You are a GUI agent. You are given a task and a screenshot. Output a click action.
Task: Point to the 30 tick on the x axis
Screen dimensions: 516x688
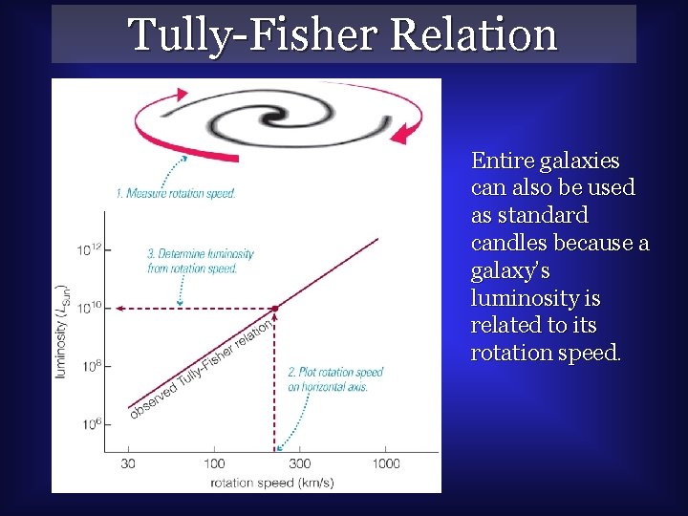127,463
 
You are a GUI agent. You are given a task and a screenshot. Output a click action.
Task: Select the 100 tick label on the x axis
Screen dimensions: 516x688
215,463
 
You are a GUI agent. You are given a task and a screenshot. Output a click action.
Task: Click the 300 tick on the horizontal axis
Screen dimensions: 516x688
298,463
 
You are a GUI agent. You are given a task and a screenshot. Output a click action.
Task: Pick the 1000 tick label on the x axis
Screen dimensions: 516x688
385,463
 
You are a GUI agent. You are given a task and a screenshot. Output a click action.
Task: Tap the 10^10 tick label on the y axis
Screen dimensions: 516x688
89,308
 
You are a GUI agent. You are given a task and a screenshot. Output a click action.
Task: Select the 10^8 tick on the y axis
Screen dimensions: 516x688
89,365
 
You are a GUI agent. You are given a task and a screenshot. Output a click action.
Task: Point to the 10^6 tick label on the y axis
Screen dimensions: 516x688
89,422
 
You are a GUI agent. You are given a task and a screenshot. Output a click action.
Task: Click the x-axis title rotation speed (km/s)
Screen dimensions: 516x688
272,482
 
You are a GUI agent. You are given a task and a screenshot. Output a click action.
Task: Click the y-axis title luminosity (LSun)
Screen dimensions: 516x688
62,330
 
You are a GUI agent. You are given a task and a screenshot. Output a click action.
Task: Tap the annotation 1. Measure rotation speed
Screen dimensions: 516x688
176,194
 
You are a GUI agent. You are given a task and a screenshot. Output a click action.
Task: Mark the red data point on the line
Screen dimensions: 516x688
275,308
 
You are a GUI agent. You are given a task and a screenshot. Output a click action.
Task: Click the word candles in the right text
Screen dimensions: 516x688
509,243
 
